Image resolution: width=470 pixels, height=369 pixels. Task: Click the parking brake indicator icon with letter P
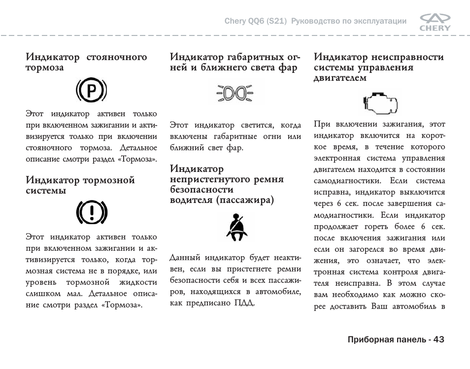click(x=91, y=91)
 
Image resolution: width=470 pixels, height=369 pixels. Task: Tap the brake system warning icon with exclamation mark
click(x=91, y=213)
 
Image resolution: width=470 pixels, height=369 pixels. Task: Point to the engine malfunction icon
click(x=379, y=102)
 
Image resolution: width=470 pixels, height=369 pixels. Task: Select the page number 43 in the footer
click(x=439, y=339)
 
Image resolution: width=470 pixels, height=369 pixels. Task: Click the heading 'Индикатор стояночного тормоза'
click(x=86, y=62)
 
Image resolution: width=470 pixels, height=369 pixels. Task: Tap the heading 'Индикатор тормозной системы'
click(x=80, y=185)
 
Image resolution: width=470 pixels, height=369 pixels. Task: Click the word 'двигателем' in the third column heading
click(x=340, y=78)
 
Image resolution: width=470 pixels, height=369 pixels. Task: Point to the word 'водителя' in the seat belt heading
click(x=191, y=200)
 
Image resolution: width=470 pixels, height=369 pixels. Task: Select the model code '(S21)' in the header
click(x=276, y=21)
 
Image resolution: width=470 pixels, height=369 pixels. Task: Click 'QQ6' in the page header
click(x=255, y=21)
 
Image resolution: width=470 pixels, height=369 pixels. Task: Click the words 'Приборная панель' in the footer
click(x=387, y=339)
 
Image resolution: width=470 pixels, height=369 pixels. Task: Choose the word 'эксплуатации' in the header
click(x=379, y=21)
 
